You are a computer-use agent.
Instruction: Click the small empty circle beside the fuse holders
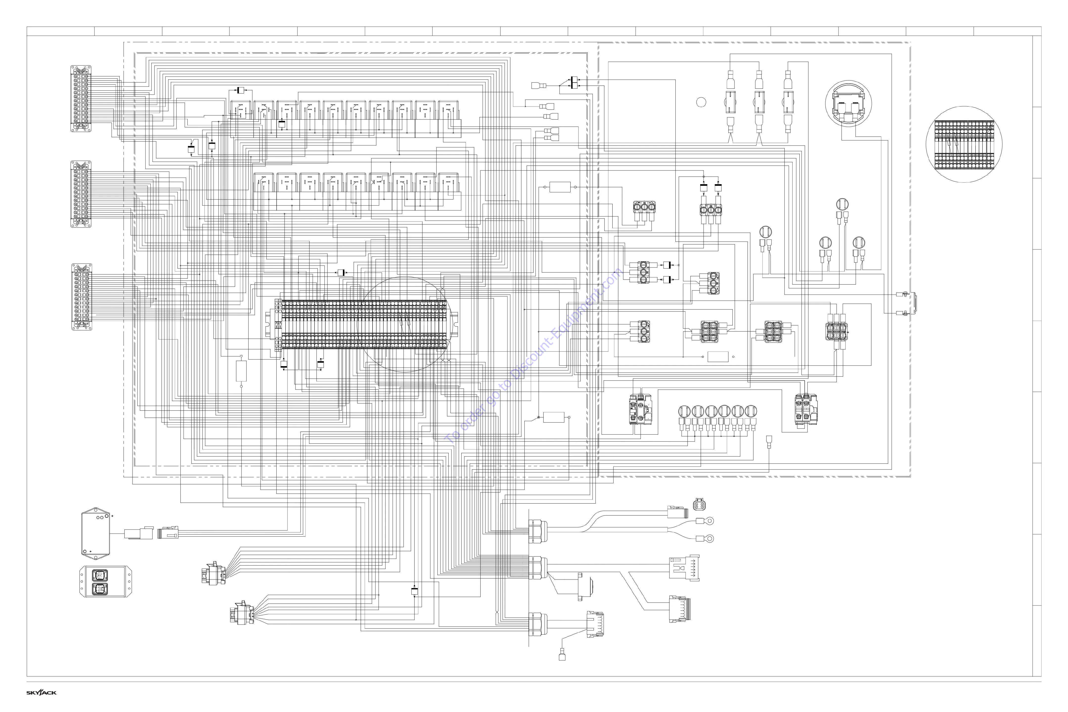coord(701,102)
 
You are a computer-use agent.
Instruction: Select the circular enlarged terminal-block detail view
coord(964,144)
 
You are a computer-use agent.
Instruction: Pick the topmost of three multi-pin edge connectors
coord(81,99)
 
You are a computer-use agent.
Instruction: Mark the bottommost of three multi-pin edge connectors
coord(82,297)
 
